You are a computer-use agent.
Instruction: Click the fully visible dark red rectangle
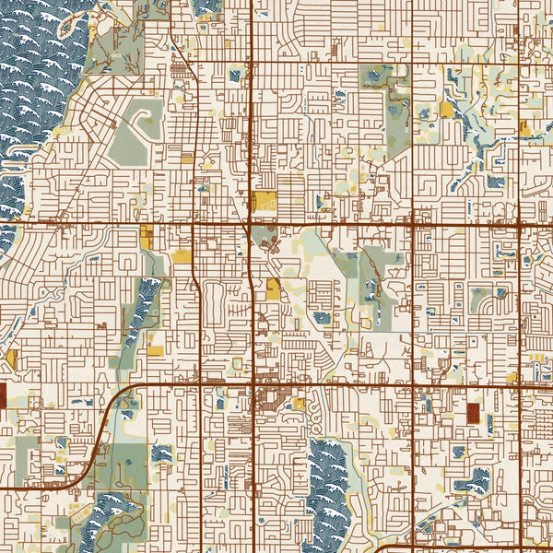click(474, 413)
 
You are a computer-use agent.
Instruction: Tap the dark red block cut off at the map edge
click(2, 396)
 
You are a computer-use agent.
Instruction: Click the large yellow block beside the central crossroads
click(265, 202)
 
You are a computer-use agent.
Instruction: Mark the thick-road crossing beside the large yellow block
click(252, 223)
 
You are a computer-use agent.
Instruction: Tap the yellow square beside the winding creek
click(447, 110)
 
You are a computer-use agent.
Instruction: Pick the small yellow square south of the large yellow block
click(274, 288)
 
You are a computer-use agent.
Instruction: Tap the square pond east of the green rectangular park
click(162, 453)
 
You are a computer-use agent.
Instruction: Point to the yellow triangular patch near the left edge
click(12, 357)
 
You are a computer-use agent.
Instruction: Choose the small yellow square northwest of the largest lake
click(298, 404)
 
